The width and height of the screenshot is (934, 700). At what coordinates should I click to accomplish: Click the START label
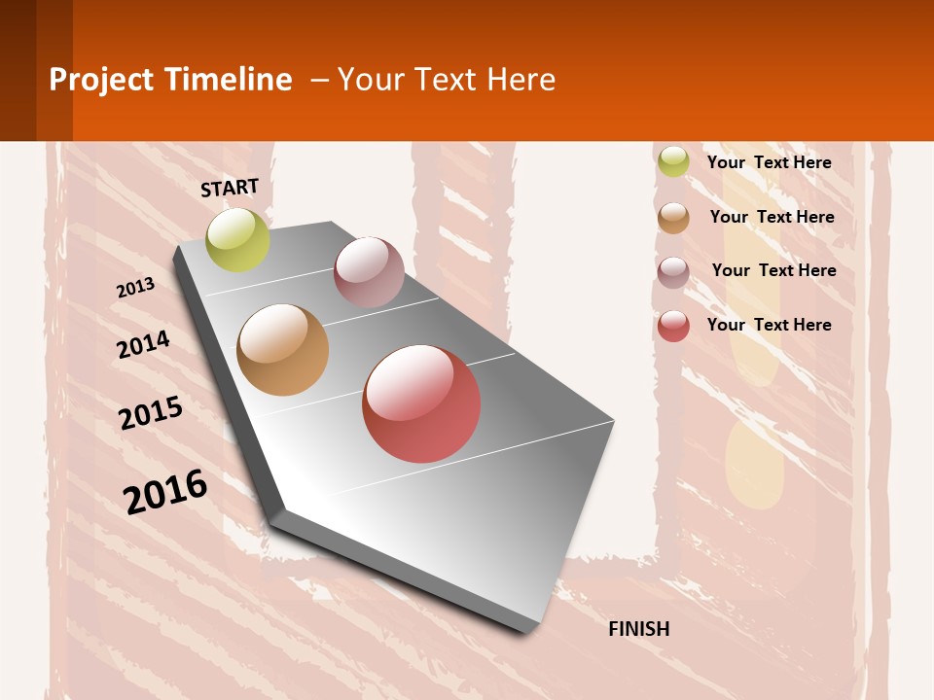point(230,188)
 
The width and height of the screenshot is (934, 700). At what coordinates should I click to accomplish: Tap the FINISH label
point(639,629)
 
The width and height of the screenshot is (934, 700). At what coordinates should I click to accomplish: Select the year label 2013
point(135,288)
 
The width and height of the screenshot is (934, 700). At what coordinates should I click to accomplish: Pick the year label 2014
point(143,345)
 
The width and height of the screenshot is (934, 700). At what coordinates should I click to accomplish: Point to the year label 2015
point(151,413)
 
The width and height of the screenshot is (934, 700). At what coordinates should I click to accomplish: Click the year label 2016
point(165,492)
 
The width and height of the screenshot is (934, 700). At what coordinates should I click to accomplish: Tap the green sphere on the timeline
point(237,240)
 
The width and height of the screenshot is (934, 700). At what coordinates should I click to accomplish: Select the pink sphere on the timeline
point(369,272)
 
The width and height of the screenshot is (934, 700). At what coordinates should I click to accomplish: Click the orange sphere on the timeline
point(282,350)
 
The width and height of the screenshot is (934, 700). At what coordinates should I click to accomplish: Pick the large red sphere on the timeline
point(421,403)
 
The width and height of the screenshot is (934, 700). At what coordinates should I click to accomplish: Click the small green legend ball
point(673,161)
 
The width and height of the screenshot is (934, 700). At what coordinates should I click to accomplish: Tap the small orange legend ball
point(673,217)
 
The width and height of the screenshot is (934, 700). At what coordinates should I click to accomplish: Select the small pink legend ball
point(673,271)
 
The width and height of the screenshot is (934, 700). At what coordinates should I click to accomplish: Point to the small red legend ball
point(673,326)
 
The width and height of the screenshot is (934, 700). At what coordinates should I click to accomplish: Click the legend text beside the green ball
point(769,162)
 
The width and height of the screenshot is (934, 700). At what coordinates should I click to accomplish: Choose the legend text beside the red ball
point(769,325)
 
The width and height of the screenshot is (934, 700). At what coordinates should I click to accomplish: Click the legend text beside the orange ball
point(772,217)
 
